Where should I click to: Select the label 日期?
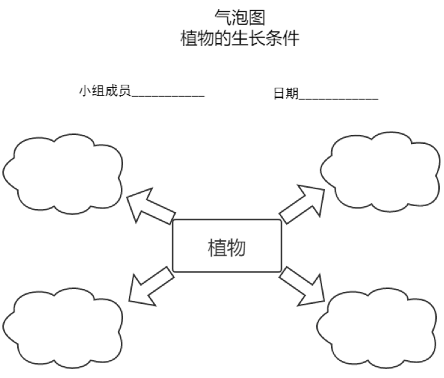coord(285,94)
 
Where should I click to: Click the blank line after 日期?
coord(339,96)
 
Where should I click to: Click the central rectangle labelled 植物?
coord(227,246)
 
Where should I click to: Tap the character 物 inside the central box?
coord(236,247)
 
